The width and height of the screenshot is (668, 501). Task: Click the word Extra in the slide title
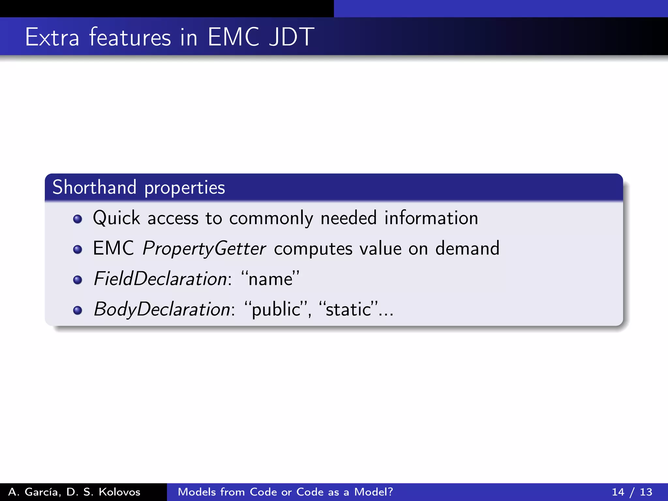click(x=52, y=37)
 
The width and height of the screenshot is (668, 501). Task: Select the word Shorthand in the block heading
click(x=95, y=188)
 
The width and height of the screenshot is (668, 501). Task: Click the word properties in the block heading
click(x=185, y=188)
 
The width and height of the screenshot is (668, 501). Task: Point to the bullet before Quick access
click(x=78, y=219)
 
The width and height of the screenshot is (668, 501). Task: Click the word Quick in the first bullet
click(x=116, y=218)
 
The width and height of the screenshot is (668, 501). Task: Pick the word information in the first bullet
click(x=431, y=218)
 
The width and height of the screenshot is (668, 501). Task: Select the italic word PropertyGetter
click(x=205, y=249)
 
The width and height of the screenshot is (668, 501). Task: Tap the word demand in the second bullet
click(x=467, y=248)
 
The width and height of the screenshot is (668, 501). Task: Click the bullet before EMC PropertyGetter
click(x=78, y=250)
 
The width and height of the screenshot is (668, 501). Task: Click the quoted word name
click(x=270, y=280)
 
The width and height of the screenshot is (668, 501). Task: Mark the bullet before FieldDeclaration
click(x=78, y=280)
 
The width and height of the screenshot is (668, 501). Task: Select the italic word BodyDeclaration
click(x=162, y=310)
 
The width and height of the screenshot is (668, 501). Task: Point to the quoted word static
click(x=348, y=310)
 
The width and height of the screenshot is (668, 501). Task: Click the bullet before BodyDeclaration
click(x=78, y=310)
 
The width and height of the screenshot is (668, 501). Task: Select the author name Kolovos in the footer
click(x=119, y=492)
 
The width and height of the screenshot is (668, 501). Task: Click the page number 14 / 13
click(x=632, y=492)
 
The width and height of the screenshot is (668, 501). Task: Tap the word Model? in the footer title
click(x=374, y=492)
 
